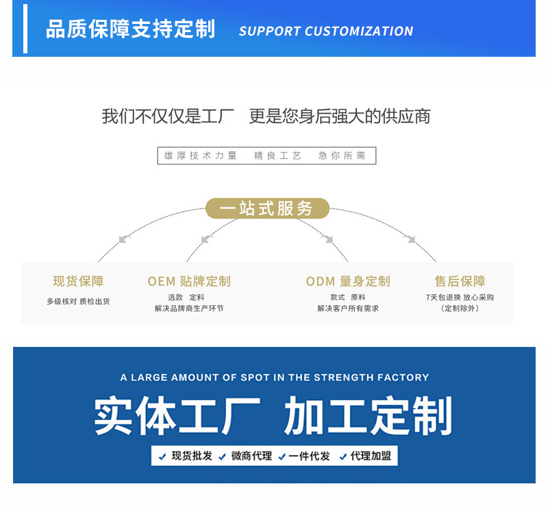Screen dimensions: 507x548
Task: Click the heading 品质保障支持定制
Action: (130, 30)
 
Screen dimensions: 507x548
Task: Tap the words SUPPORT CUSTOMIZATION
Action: (326, 31)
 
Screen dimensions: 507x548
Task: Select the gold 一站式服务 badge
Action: (267, 209)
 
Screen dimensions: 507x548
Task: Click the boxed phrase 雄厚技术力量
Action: (200, 156)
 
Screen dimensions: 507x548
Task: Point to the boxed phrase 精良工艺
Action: (277, 156)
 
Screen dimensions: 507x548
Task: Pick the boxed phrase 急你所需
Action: (342, 156)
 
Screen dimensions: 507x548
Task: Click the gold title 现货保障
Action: (78, 281)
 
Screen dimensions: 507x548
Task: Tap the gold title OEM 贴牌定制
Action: (189, 281)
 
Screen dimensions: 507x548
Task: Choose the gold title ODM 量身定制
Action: (348, 281)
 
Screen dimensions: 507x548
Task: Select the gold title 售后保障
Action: (460, 281)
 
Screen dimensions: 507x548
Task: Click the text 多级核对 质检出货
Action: (78, 301)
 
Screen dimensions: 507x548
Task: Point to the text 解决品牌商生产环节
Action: (189, 309)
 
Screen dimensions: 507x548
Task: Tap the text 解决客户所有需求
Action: (348, 309)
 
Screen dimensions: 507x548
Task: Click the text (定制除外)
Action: (460, 309)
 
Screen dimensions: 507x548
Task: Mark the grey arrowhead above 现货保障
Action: (124, 239)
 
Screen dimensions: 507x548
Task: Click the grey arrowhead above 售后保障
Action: (410, 239)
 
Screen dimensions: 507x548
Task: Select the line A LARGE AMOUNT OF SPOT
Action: (274, 378)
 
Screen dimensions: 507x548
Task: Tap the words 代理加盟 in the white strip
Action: (371, 456)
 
